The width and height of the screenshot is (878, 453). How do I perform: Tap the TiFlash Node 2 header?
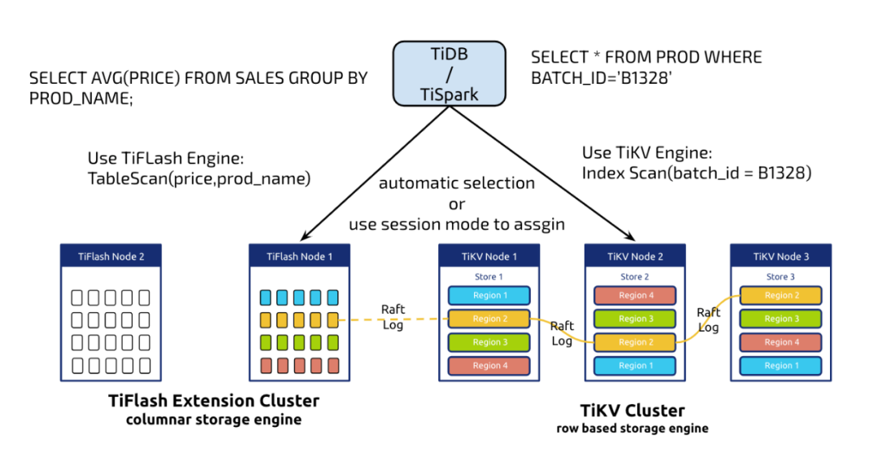[111, 257]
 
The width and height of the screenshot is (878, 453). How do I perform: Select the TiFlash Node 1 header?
[300, 257]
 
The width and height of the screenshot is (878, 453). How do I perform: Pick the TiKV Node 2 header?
[635, 257]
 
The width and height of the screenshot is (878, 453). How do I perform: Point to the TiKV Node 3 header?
[780, 257]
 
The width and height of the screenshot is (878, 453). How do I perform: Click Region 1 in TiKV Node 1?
[489, 295]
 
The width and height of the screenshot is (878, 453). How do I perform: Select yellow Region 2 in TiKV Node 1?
[489, 319]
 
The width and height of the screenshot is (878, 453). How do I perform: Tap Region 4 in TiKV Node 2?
[635, 295]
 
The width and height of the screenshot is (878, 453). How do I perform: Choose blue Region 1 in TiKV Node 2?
[635, 366]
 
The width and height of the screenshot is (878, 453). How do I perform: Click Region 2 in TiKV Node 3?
[781, 295]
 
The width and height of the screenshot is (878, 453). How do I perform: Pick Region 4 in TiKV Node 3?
[781, 342]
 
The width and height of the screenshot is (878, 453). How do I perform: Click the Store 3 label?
[780, 277]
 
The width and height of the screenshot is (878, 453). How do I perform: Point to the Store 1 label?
[489, 277]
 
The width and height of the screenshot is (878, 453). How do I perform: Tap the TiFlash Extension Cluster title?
[214, 401]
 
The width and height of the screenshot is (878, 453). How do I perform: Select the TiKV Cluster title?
[632, 410]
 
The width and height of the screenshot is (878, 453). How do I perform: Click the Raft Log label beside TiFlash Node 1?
[393, 316]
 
